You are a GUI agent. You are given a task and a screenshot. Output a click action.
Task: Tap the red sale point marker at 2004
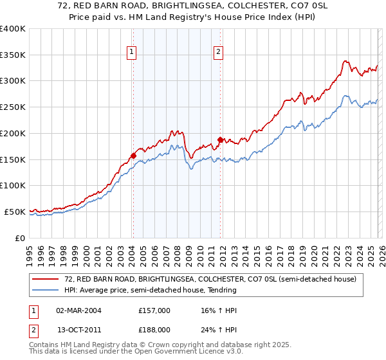[133, 155]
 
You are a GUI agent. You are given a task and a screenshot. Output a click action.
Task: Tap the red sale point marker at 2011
[220, 139]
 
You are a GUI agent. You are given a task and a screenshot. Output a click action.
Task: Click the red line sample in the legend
[46, 279]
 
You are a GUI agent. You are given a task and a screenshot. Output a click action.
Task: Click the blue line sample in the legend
[46, 290]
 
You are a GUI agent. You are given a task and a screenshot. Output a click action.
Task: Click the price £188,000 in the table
[154, 329]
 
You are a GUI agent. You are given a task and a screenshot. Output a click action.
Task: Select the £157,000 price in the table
[154, 310]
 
